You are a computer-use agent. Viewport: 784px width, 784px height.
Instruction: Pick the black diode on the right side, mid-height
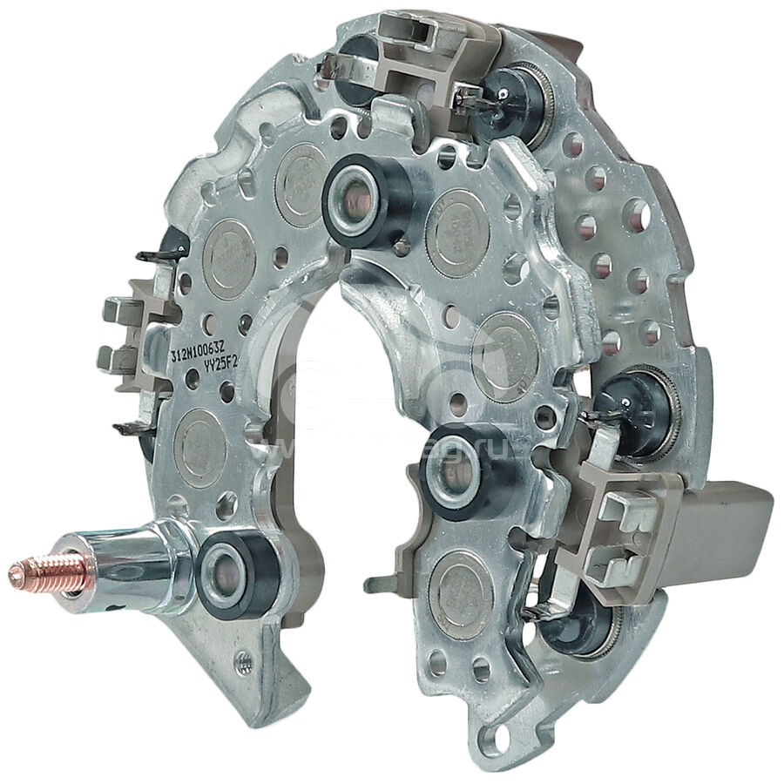649,409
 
